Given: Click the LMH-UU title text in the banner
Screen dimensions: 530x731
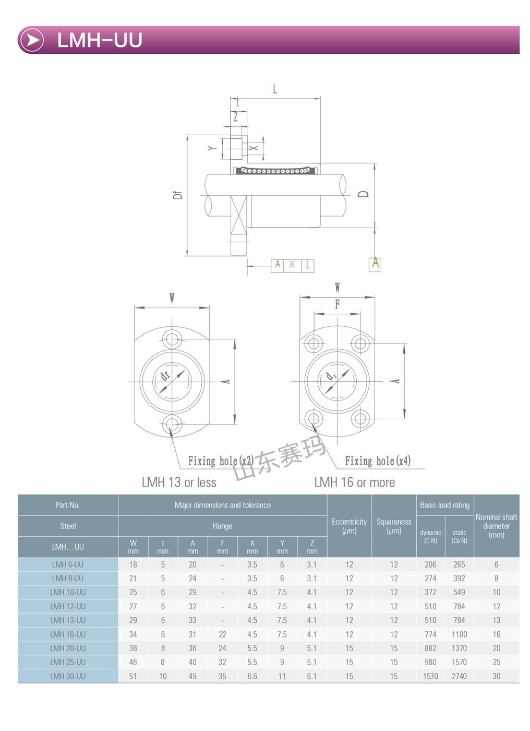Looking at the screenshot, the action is [x=100, y=40].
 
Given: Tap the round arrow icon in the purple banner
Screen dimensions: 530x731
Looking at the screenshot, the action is [x=32, y=40].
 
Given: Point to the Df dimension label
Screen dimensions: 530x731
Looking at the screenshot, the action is [x=178, y=195].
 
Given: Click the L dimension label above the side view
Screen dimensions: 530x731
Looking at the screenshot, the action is [x=275, y=89].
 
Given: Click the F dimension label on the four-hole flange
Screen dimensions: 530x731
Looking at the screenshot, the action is [x=338, y=304].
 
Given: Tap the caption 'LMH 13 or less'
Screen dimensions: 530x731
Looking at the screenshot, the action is [x=179, y=482].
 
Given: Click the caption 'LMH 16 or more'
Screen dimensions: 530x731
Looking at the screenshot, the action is [x=355, y=482].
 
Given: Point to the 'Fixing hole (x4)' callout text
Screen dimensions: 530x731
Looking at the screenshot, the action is [x=378, y=461].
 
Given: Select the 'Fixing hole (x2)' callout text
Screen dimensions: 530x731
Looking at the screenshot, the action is [x=221, y=461].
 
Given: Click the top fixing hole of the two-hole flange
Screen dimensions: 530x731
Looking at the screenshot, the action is [x=172, y=339].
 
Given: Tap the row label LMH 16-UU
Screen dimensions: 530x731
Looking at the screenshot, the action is [x=68, y=634].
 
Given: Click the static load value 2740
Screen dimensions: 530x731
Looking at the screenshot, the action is [x=459, y=676].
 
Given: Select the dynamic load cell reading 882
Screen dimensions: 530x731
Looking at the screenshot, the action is [x=430, y=648].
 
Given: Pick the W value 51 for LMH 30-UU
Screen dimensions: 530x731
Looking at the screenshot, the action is [x=133, y=676].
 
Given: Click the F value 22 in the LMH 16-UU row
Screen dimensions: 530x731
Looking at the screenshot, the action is [x=222, y=634].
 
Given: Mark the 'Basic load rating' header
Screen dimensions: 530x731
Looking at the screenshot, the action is [x=444, y=505].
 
